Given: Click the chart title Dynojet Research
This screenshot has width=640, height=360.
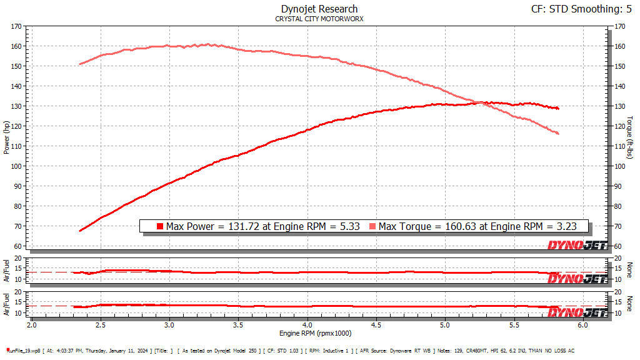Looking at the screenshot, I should pyautogui.click(x=319, y=9).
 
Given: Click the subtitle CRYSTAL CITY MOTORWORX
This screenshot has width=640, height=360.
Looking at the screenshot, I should pyautogui.click(x=319, y=19).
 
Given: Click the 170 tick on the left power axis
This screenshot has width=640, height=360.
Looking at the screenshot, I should pyautogui.click(x=16, y=26).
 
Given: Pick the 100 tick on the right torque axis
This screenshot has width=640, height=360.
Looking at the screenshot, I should pyautogui.click(x=620, y=166).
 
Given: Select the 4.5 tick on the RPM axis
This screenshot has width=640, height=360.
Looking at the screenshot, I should pyautogui.click(x=376, y=326).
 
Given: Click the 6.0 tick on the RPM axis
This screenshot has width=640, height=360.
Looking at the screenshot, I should pyautogui.click(x=582, y=326).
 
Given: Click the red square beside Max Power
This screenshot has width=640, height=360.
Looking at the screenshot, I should pyautogui.click(x=160, y=226).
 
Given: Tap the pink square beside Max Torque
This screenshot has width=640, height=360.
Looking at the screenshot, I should pyautogui.click(x=372, y=226).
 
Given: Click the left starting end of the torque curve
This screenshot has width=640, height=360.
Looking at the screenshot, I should pyautogui.click(x=80, y=64).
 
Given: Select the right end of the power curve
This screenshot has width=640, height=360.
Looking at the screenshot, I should pyautogui.click(x=557, y=108).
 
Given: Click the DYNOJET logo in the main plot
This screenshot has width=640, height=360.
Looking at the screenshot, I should pyautogui.click(x=577, y=246).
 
